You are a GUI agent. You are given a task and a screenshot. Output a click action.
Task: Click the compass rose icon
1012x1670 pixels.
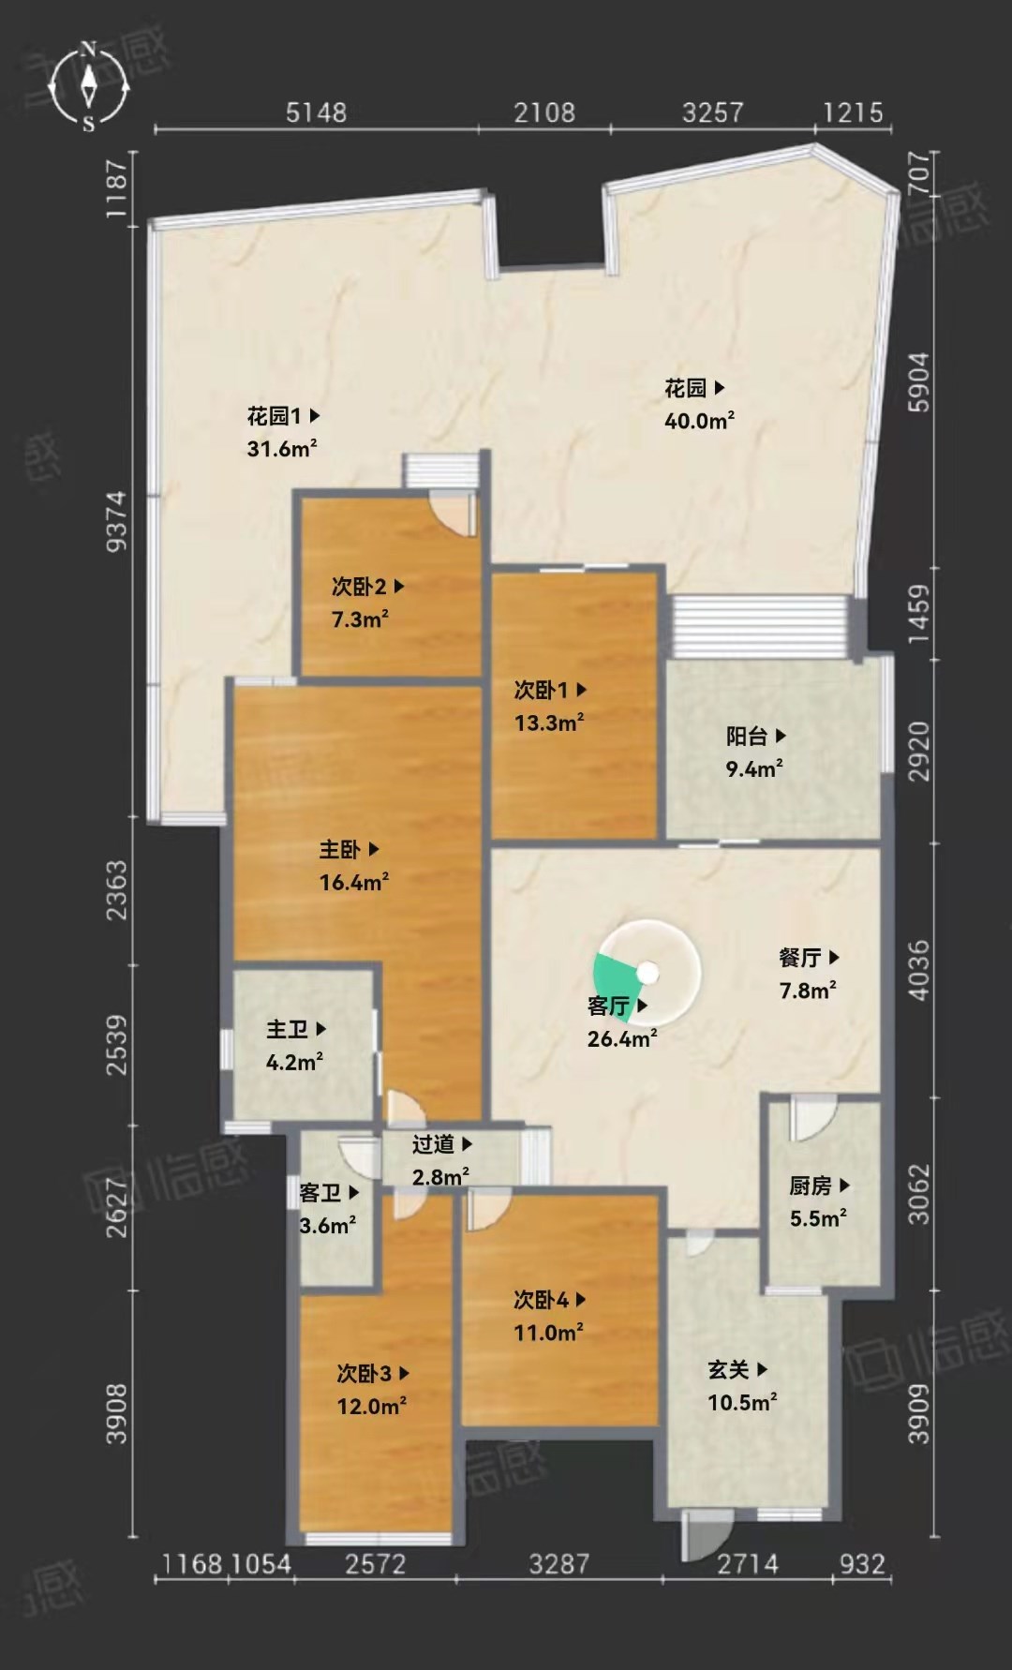89,85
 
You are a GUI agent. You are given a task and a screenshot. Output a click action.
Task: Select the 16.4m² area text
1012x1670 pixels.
354,882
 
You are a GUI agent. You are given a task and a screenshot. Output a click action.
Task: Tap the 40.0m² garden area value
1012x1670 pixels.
699,421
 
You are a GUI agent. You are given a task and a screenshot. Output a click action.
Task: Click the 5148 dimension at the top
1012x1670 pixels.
316,113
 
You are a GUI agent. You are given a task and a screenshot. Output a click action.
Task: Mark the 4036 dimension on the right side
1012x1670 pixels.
919,970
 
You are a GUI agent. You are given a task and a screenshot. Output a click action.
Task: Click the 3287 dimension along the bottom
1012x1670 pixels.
559,1562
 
